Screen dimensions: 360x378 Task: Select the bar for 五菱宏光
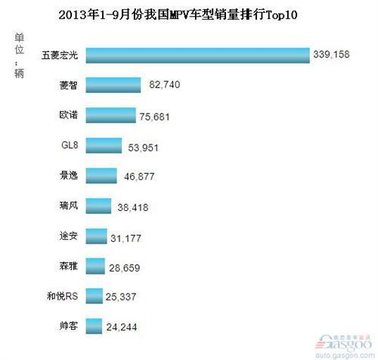pos(197,55)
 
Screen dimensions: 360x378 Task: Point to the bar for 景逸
pos(100,175)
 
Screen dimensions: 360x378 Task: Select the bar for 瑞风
pos(98,206)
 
